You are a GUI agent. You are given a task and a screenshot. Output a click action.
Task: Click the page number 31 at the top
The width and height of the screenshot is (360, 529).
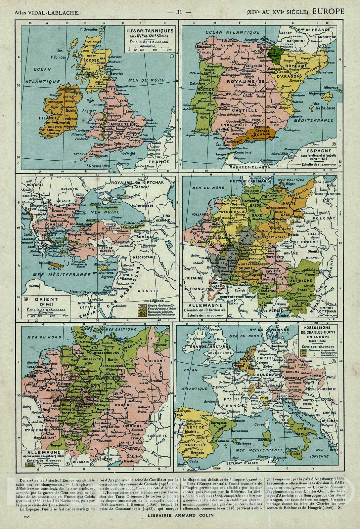[x=180, y=12]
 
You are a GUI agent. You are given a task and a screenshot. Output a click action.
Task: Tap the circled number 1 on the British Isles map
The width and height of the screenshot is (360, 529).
[x=171, y=56]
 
